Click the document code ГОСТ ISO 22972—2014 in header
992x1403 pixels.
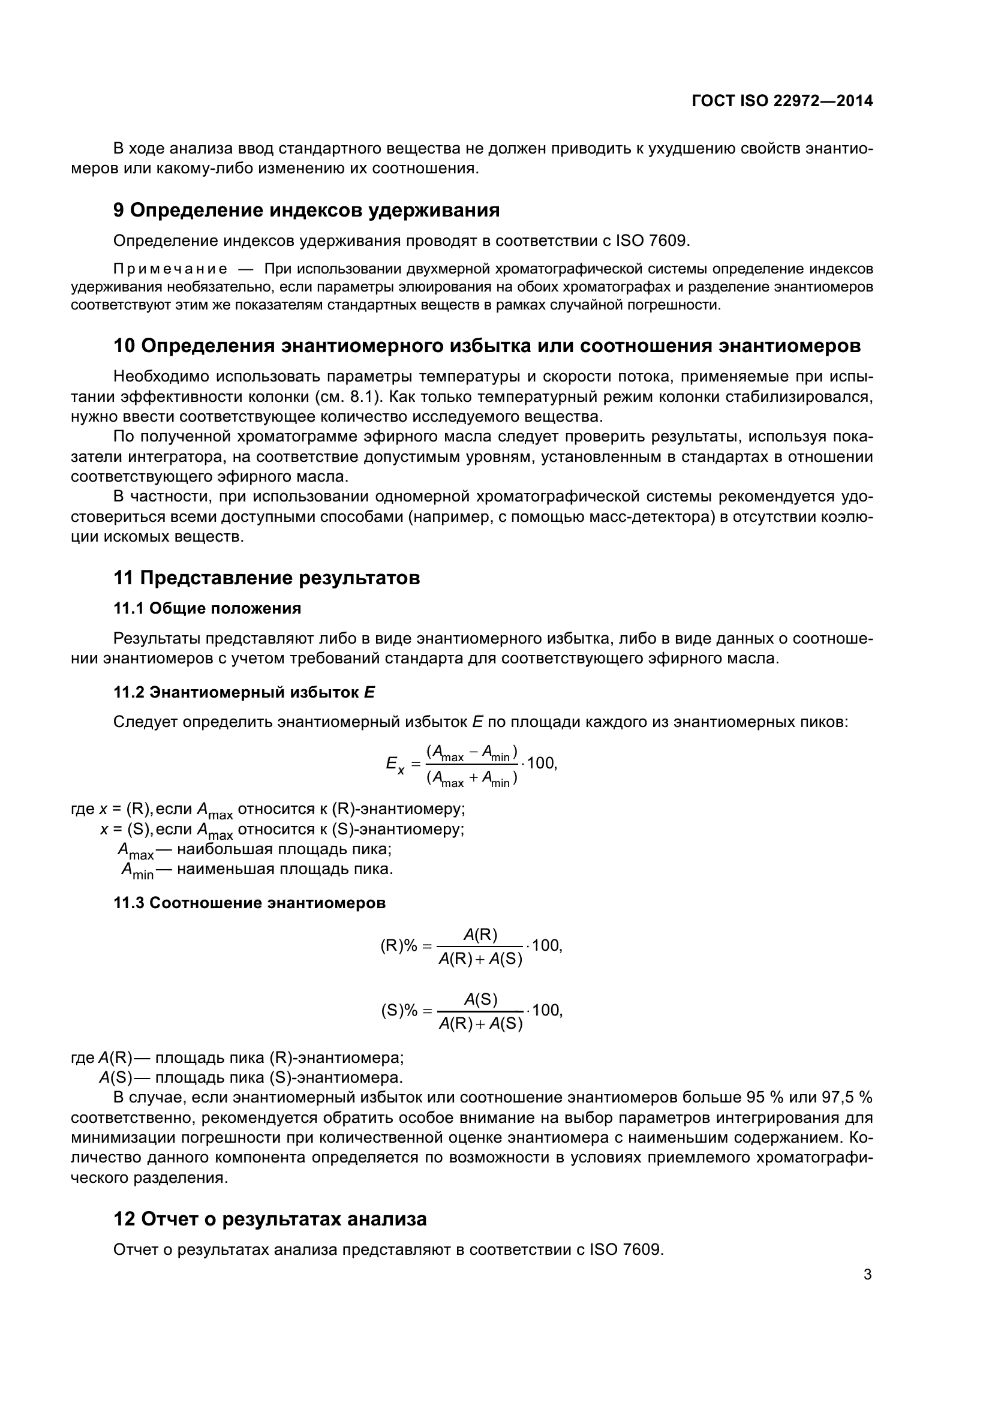(x=782, y=101)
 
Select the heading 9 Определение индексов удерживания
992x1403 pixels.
(x=306, y=210)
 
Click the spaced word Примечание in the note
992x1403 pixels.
(x=170, y=269)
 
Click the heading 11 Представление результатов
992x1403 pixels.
(x=267, y=578)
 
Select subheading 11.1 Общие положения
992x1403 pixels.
(x=207, y=608)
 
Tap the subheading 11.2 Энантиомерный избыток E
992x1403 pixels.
(x=244, y=692)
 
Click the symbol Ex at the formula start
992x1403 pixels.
(x=395, y=764)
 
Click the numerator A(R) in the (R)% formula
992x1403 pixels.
(x=480, y=935)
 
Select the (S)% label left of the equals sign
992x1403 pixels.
(x=399, y=1011)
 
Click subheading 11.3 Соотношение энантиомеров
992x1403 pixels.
(x=249, y=903)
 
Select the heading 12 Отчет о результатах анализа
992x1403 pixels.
(x=270, y=1218)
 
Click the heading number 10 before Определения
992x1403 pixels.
(x=125, y=346)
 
